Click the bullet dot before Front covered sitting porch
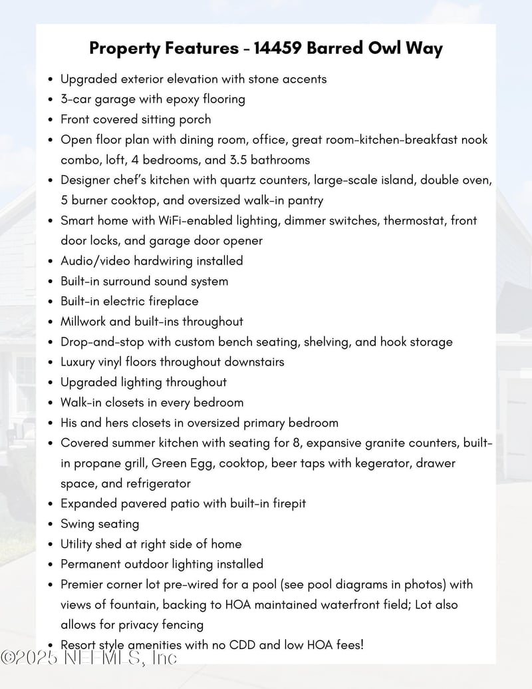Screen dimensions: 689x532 pos(51,120)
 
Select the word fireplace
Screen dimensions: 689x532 pos(172,301)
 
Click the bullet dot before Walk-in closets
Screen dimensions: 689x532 pos(51,403)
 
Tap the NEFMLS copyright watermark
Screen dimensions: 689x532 pos(88,657)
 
